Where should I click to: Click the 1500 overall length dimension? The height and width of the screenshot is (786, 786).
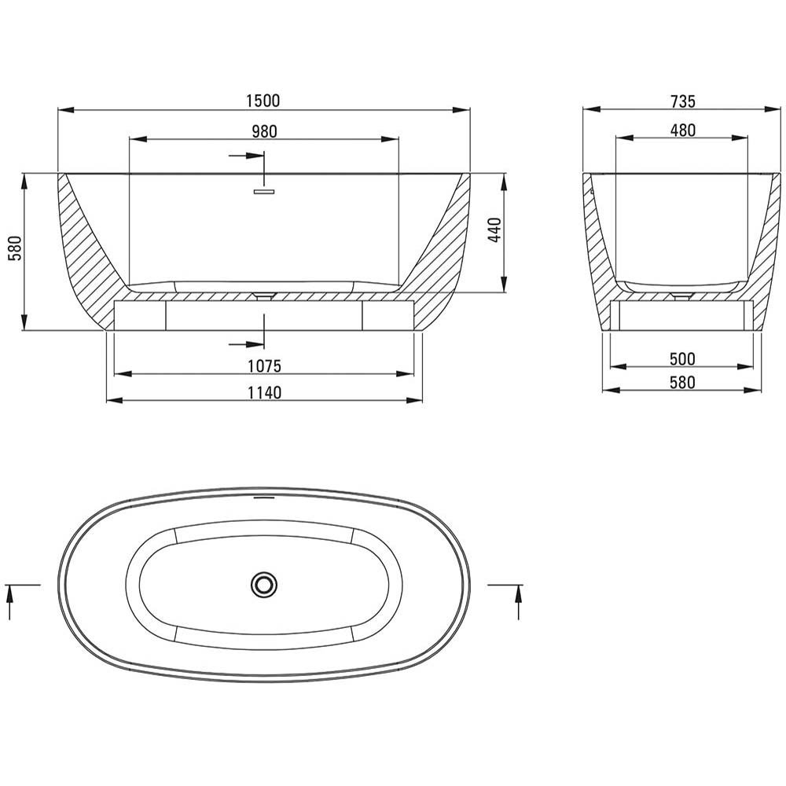(263, 101)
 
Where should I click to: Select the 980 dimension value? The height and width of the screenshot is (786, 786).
(264, 131)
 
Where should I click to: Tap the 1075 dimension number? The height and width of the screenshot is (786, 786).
(264, 366)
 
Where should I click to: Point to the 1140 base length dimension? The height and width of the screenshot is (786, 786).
(264, 392)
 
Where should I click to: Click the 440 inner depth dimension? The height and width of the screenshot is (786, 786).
(494, 230)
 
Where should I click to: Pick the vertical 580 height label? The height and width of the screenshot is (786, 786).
(15, 248)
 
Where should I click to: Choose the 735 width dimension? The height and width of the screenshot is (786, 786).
(683, 101)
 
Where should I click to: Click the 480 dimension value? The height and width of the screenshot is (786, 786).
(683, 130)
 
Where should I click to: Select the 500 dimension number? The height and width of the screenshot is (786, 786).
(682, 359)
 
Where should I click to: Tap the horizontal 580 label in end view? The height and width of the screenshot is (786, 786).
(682, 383)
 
